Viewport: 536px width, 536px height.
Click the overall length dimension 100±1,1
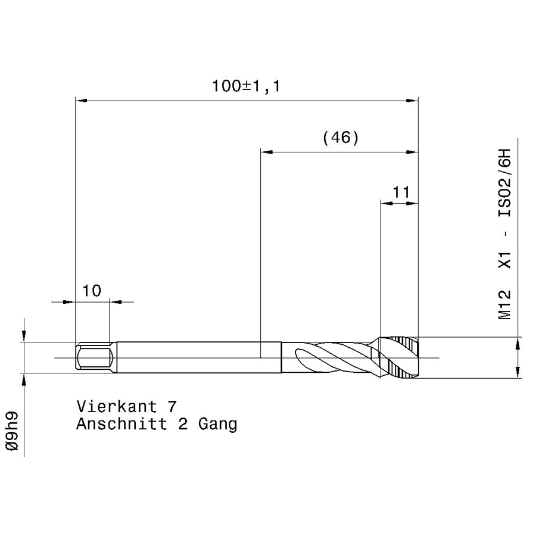246,86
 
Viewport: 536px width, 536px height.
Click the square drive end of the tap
94,358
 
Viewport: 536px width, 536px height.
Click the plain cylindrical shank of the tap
197,358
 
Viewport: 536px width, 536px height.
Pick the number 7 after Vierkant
172,407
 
